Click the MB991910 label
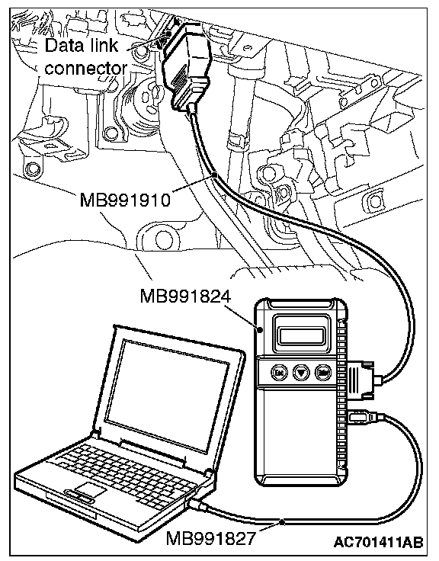[125, 199]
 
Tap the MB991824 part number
[185, 297]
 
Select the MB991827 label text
[211, 537]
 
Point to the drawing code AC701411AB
[379, 542]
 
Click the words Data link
[82, 46]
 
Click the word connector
[86, 68]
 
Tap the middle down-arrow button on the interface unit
[301, 373]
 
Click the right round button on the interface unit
[322, 373]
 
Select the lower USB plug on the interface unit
[361, 418]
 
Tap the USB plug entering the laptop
[195, 504]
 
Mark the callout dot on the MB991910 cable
[215, 175]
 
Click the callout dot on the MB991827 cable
[282, 522]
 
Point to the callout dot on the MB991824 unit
[261, 329]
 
